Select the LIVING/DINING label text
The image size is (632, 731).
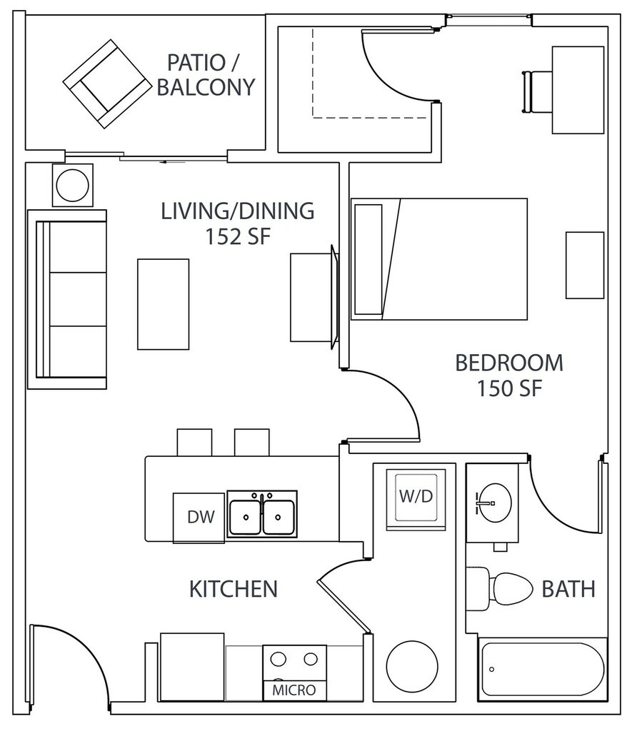pyautogui.click(x=237, y=211)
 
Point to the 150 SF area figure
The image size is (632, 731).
pyautogui.click(x=509, y=389)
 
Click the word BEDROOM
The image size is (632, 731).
pyautogui.click(x=509, y=363)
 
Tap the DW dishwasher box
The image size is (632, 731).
pyautogui.click(x=201, y=518)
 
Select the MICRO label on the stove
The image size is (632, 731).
pyautogui.click(x=294, y=691)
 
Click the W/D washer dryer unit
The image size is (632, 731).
pyautogui.click(x=416, y=498)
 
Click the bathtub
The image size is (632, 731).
pyautogui.click(x=542, y=670)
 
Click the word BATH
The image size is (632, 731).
pyautogui.click(x=568, y=589)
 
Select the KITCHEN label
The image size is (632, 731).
pyautogui.click(x=233, y=589)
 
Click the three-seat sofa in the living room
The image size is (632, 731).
pyautogui.click(x=68, y=299)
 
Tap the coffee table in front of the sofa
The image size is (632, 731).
pyautogui.click(x=164, y=304)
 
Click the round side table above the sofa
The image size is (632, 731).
pyautogui.click(x=73, y=186)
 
